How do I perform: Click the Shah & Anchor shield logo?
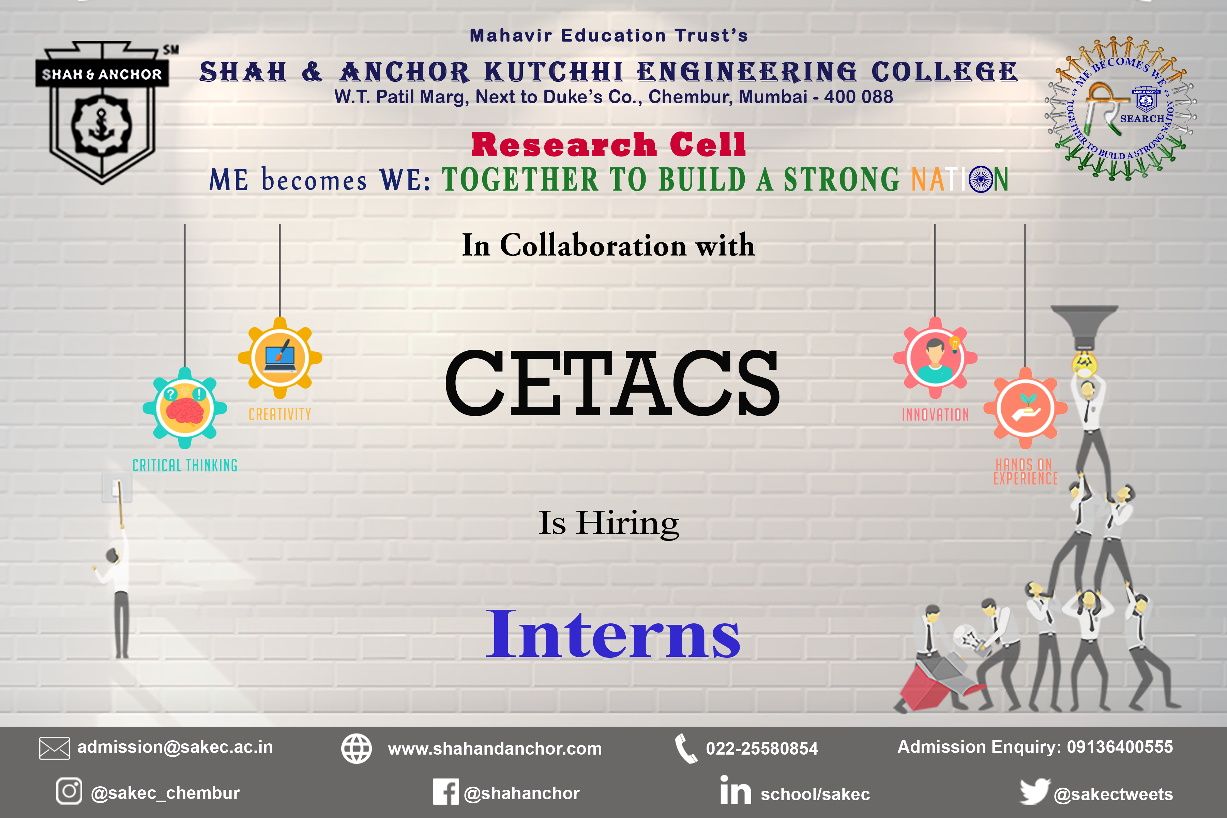click(102, 112)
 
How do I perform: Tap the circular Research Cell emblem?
click(1120, 108)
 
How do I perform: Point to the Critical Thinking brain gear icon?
click(185, 408)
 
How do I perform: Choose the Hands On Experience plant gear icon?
click(1026, 408)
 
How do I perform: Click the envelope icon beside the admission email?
click(54, 748)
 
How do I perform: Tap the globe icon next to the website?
click(356, 748)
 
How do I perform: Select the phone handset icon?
click(685, 748)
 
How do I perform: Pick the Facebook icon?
click(445, 792)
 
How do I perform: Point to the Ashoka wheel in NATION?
click(981, 180)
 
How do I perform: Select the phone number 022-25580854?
click(762, 748)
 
